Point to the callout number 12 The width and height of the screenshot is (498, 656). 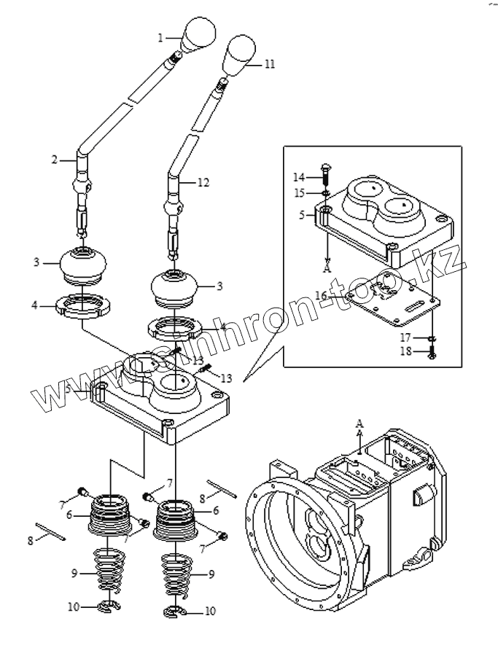pos(203,183)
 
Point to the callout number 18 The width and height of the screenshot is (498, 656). pos(405,351)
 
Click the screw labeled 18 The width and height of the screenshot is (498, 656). pos(432,353)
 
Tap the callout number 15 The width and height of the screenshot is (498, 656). pos(300,193)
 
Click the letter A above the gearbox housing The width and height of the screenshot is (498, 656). pos(359,423)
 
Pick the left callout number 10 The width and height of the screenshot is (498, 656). pos(74,606)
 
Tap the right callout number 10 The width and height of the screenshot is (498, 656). pos(211,611)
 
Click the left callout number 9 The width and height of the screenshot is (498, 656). pos(74,574)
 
